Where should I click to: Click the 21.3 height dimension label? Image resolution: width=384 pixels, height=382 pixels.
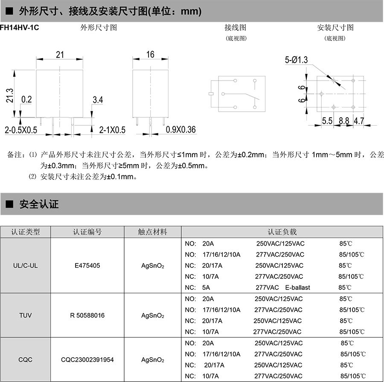[9, 95]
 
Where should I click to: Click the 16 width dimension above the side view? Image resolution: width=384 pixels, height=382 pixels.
[150, 55]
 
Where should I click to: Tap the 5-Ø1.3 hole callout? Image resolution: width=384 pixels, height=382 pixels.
[296, 61]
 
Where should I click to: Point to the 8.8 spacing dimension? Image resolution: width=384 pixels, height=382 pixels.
[344, 121]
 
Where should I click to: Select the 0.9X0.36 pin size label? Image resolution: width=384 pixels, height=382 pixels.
[180, 130]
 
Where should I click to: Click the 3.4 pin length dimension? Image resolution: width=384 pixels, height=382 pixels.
[98, 100]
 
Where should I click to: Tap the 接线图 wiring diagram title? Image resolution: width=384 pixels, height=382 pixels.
[236, 28]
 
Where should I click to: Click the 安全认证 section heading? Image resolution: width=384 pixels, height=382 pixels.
[39, 204]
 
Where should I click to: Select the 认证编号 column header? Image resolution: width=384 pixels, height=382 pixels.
[87, 232]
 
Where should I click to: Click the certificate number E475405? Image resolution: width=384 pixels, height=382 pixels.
[87, 265]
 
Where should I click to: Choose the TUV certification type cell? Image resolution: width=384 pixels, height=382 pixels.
[26, 315]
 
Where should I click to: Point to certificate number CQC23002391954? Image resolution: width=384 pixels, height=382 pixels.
[87, 359]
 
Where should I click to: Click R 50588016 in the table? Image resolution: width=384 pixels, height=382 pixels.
[87, 315]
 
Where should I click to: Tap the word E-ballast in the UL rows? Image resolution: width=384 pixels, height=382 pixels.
[297, 287]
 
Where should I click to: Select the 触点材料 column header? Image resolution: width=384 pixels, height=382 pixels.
[152, 232]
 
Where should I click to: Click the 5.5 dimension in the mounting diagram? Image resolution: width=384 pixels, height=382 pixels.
[327, 121]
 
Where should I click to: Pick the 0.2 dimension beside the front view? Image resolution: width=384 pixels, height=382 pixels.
[26, 100]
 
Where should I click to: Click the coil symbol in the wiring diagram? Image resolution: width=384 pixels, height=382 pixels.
[211, 94]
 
